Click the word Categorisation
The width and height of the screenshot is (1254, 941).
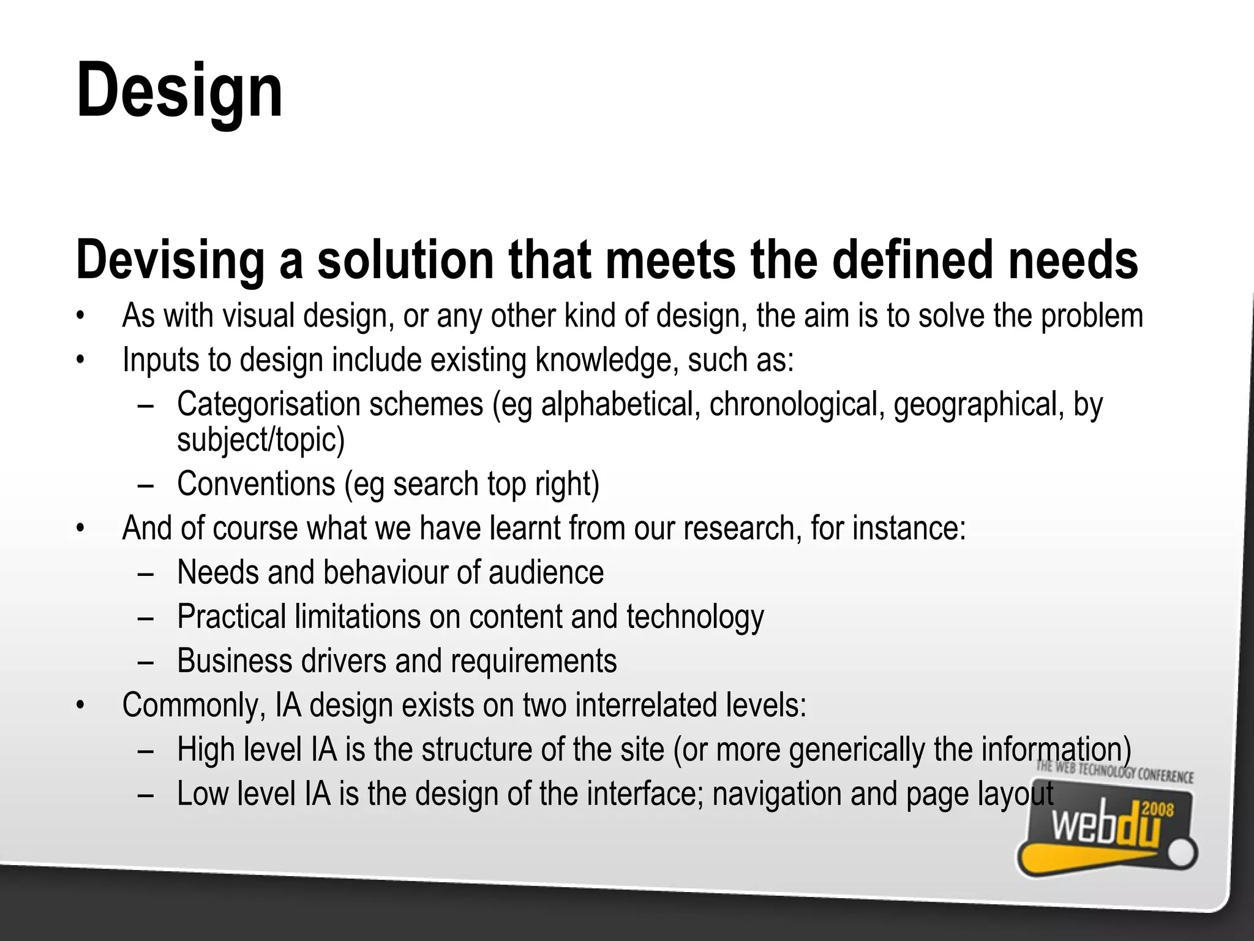tap(269, 404)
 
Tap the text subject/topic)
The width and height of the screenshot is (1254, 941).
tap(261, 439)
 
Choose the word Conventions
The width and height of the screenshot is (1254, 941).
tap(256, 484)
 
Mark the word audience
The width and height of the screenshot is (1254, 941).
tap(546, 572)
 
